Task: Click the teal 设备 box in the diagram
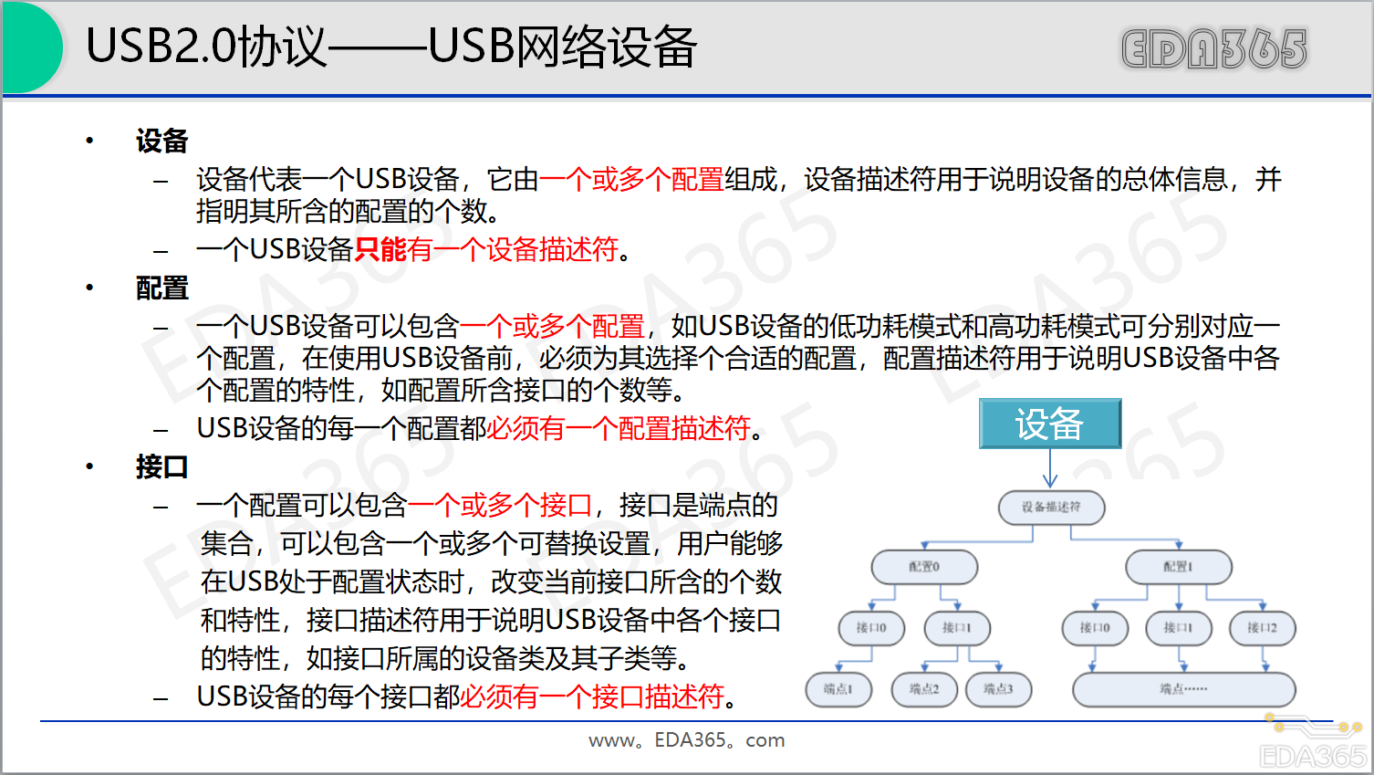pos(1049,424)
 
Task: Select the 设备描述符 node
pos(1051,508)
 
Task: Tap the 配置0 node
pos(924,567)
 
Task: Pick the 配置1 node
pos(1178,567)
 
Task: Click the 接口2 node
pos(1262,628)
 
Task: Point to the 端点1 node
pos(838,689)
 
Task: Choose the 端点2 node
pos(923,689)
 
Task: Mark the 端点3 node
pos(998,689)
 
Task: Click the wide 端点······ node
pos(1183,689)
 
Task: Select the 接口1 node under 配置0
pos(956,628)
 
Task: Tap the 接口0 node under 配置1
pos(1095,628)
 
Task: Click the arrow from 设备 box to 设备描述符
pos(1050,469)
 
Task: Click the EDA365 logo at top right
pos(1213,49)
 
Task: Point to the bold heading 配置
pos(161,288)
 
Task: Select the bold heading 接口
pos(161,467)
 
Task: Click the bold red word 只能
pos(380,249)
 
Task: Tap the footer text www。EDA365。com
pos(686,740)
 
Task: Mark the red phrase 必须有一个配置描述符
pos(618,428)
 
